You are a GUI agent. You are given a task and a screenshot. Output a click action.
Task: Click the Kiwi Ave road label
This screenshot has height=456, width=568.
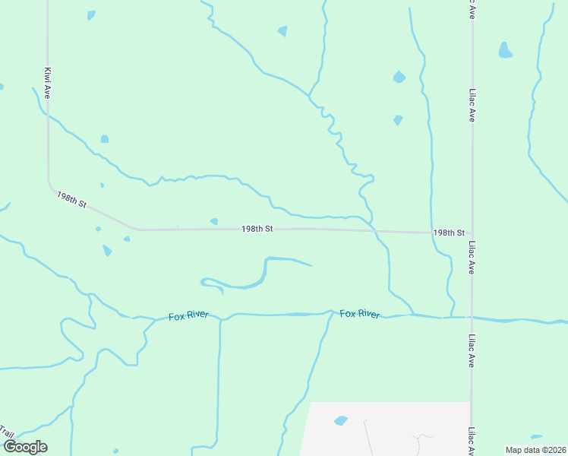pyautogui.click(x=47, y=81)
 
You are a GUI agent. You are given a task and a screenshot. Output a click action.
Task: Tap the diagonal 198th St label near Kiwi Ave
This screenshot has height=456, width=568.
pyautogui.click(x=72, y=201)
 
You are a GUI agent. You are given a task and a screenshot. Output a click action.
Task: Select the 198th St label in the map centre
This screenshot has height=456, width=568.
pyautogui.click(x=257, y=228)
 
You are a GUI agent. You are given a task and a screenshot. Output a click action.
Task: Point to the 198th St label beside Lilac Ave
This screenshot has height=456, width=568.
pyautogui.click(x=449, y=233)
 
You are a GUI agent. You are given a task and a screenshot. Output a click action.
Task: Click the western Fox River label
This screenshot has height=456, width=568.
pyautogui.click(x=188, y=314)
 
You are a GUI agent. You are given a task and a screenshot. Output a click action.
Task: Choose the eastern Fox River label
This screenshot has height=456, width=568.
pyautogui.click(x=360, y=314)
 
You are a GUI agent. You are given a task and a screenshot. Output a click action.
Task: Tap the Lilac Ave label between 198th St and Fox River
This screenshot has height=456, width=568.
pyautogui.click(x=472, y=258)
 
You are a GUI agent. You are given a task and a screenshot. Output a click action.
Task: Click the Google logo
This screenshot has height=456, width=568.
pyautogui.click(x=25, y=447)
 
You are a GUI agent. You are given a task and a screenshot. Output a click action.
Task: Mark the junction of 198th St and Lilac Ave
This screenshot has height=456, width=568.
pyautogui.click(x=472, y=233)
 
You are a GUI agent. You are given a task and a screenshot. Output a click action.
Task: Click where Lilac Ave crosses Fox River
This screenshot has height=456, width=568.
pyautogui.click(x=472, y=318)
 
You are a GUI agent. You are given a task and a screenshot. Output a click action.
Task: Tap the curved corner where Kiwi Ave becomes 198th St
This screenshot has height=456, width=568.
pyautogui.click(x=51, y=186)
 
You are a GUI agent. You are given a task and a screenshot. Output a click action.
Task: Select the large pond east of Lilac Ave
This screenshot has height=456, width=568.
pyautogui.click(x=505, y=51)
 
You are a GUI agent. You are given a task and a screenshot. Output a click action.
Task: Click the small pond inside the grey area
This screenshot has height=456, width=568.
pyautogui.click(x=341, y=420)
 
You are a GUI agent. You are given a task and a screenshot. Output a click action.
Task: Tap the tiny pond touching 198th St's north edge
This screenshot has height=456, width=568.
pyautogui.click(x=214, y=221)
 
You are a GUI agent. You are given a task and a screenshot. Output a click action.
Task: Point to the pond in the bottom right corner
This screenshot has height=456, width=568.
pyautogui.click(x=537, y=437)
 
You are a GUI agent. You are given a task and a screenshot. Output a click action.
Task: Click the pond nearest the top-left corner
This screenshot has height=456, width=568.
pyautogui.click(x=91, y=15)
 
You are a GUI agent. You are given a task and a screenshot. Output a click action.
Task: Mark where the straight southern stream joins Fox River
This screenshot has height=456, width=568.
pyautogui.click(x=220, y=318)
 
